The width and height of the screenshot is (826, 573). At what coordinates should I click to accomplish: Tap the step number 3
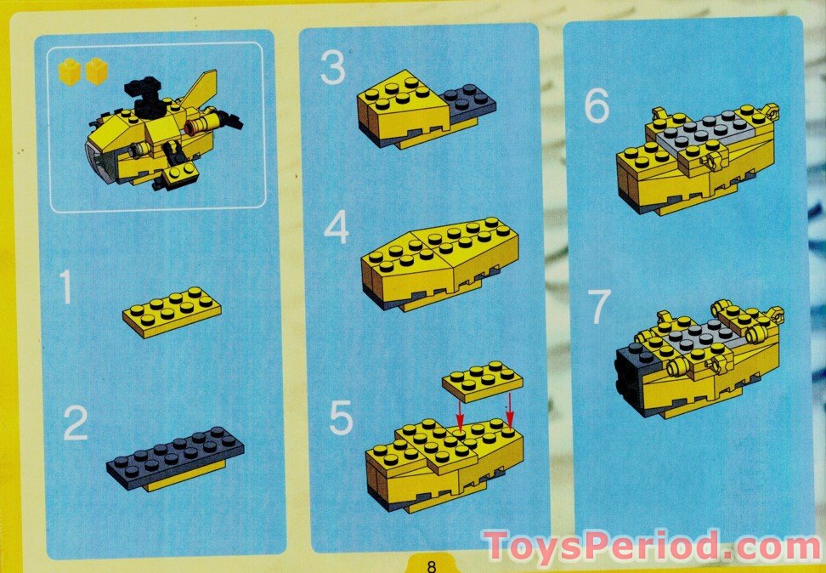(x=332, y=69)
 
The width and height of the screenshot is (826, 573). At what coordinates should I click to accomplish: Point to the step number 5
(x=341, y=417)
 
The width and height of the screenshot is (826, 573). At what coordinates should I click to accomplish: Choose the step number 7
(x=598, y=308)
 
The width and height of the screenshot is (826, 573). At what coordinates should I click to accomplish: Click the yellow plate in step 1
(x=172, y=311)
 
